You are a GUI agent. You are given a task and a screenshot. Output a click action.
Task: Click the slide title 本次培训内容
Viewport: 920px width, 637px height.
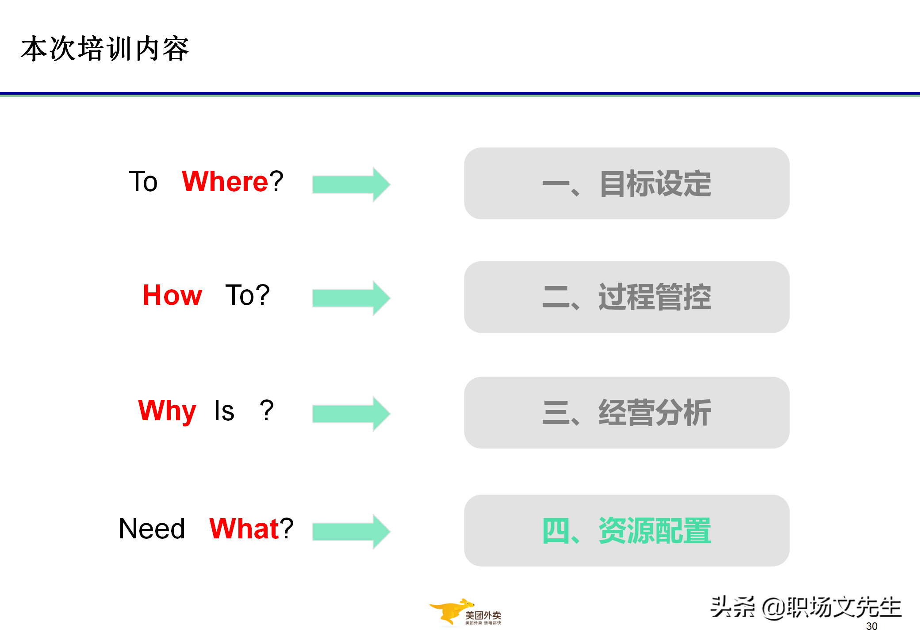[105, 49]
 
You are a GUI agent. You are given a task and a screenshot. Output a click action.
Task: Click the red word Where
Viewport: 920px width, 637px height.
[225, 181]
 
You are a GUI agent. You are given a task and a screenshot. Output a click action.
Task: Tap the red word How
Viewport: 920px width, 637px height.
[172, 295]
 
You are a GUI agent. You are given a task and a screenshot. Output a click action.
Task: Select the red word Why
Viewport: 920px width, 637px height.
[167, 411]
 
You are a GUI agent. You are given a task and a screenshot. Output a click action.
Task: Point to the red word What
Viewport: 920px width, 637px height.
[244, 529]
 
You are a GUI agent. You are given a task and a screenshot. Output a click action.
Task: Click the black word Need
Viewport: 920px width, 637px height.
[152, 529]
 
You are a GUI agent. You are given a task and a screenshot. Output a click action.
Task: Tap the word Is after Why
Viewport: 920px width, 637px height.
[224, 411]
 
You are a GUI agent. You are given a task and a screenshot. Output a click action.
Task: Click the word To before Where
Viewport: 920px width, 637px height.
[143, 181]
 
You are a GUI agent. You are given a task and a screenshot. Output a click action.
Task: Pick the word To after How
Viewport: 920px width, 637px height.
[241, 295]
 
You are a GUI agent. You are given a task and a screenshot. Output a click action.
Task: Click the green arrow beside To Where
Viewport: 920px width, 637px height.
[351, 184]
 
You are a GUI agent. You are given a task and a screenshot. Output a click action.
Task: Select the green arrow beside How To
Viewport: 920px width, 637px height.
[351, 298]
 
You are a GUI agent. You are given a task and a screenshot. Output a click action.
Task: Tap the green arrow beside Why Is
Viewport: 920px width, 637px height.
[351, 414]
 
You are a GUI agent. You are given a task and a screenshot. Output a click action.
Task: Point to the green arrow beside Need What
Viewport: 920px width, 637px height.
[351, 532]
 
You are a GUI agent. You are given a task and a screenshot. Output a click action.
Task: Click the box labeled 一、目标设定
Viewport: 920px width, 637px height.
[626, 184]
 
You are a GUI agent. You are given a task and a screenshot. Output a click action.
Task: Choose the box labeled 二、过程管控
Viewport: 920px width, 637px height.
[626, 297]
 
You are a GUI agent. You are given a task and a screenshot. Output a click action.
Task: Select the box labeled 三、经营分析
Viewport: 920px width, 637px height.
[626, 413]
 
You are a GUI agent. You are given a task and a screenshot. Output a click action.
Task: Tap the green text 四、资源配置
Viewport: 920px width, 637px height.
[626, 530]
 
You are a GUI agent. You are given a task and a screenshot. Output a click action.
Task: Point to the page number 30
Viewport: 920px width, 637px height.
[871, 626]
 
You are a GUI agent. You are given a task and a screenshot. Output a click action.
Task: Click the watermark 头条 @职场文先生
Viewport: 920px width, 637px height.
[805, 607]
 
